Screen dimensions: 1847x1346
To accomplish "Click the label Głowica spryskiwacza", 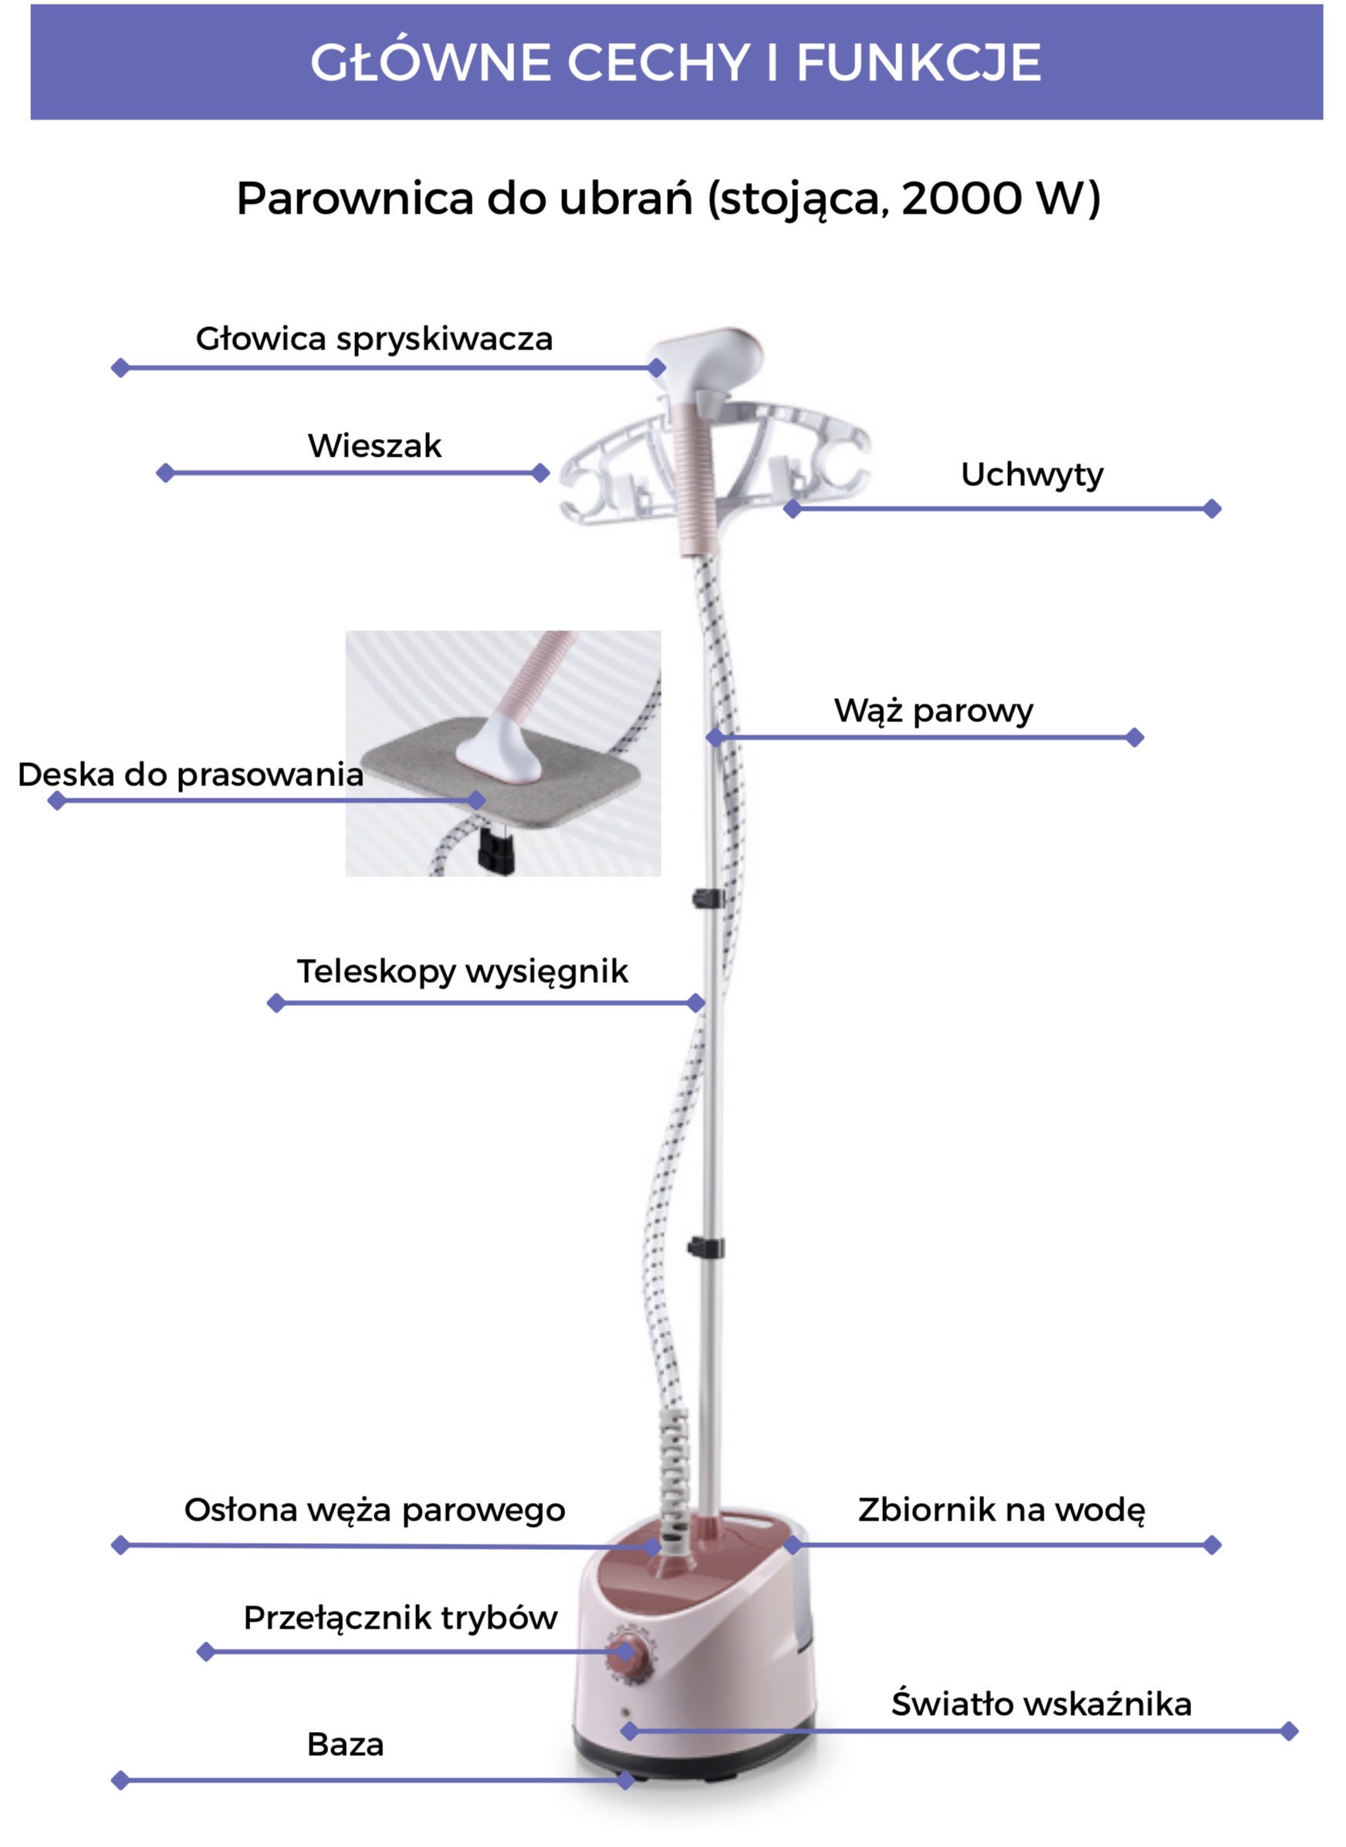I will (374, 339).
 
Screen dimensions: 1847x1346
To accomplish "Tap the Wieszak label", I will (374, 446).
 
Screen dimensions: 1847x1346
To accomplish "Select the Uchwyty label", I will (1032, 474).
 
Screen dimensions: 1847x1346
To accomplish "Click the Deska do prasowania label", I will (191, 775).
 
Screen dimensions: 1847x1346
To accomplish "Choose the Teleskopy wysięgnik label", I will (462, 971).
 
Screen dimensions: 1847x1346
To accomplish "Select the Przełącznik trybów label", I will (400, 1618).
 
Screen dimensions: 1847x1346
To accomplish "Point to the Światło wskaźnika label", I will (1041, 1704).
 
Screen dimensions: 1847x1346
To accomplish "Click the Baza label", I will (346, 1745).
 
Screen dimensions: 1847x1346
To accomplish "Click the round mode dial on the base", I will (630, 1653).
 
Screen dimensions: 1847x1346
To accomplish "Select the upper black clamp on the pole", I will (708, 898).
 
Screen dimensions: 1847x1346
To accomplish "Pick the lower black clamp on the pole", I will (705, 1247).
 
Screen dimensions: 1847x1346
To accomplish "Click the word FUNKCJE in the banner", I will (918, 62).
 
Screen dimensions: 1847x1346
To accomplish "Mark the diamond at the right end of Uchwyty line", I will (1212, 509).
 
